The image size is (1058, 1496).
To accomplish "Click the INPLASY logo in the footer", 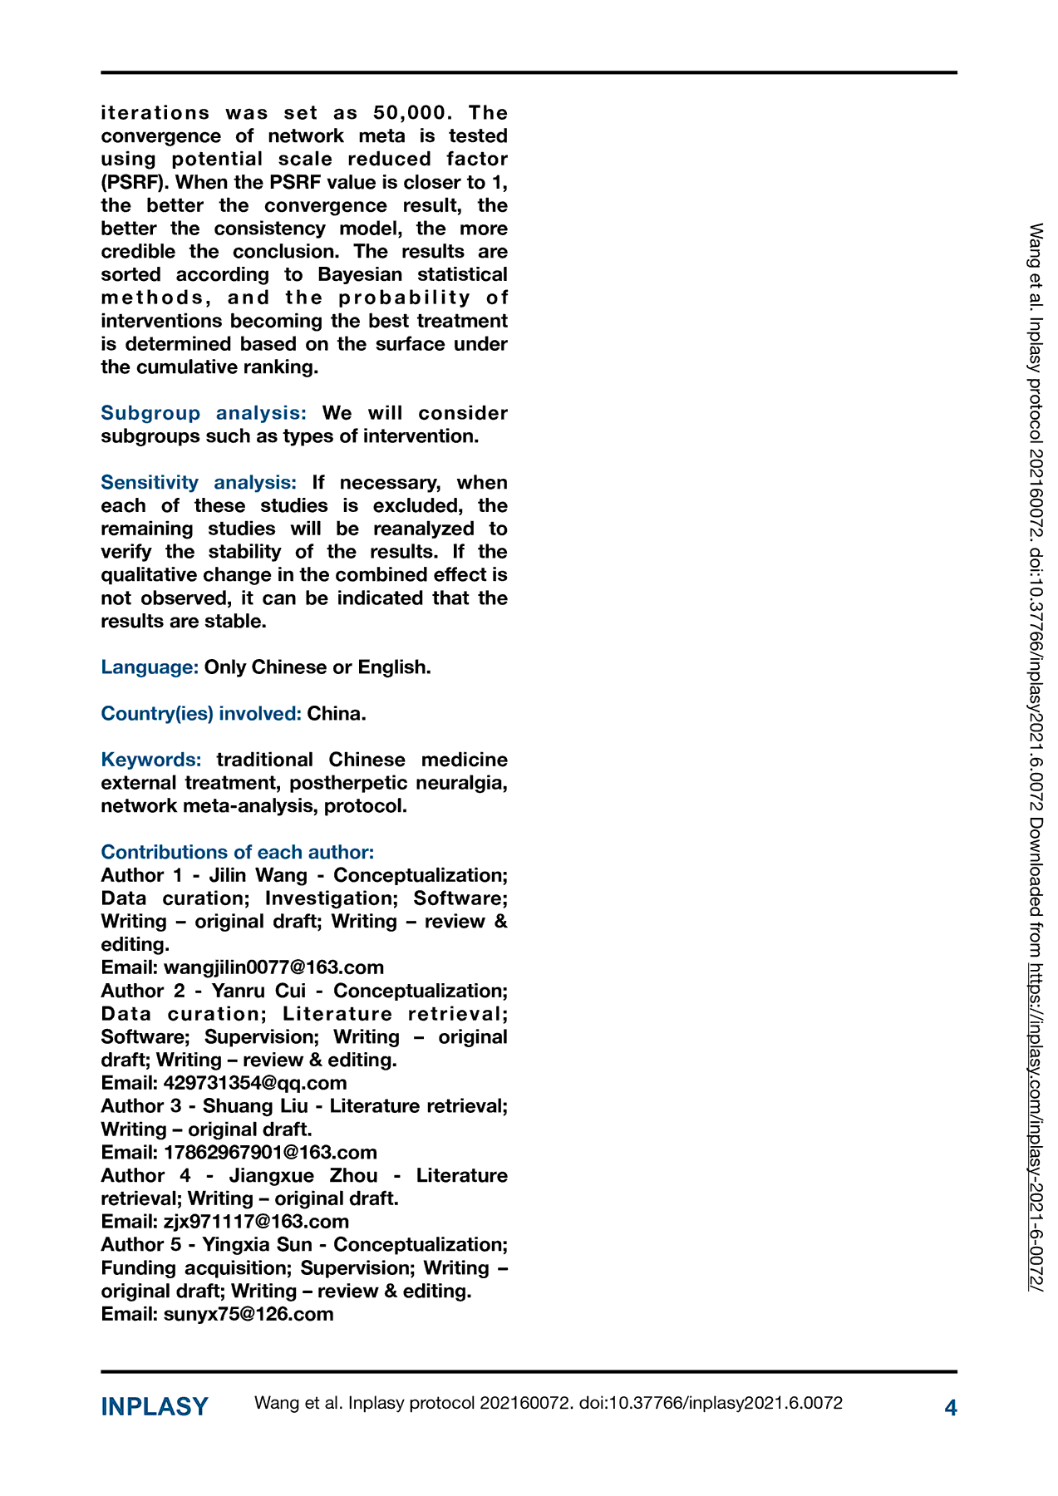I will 155,1406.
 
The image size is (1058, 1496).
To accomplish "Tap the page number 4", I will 951,1407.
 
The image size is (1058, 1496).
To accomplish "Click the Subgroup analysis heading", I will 204,413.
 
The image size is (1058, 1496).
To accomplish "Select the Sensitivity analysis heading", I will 199,482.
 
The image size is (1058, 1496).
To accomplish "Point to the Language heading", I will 150,667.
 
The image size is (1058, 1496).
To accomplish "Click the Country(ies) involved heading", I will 201,713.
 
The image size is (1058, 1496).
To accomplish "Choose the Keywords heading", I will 151,760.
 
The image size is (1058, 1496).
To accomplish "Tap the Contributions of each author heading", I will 238,852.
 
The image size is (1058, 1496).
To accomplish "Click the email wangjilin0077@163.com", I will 273,967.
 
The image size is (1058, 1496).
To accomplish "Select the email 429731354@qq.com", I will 255,1083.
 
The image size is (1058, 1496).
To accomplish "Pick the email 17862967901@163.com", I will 270,1152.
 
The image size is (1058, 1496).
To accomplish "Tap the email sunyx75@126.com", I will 249,1314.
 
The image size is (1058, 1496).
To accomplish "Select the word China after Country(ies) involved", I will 337,713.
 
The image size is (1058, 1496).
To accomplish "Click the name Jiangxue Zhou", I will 303,1175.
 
